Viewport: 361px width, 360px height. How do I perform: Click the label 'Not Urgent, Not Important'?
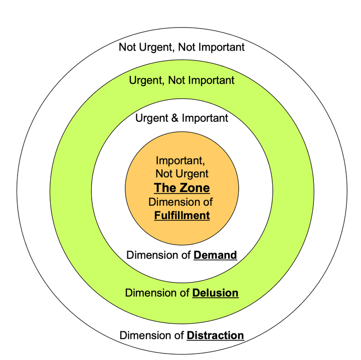tap(182, 48)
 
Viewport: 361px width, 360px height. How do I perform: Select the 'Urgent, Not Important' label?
tap(182, 80)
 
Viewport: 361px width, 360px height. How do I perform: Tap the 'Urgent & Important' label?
tap(182, 118)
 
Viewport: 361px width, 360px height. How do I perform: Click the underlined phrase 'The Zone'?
tap(182, 188)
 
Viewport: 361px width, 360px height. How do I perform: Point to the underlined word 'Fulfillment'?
tap(182, 216)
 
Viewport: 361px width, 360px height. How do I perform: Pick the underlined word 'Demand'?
tap(215, 255)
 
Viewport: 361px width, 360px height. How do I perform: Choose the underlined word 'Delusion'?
tap(215, 293)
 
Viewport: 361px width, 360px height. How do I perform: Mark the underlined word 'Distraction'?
tap(215, 335)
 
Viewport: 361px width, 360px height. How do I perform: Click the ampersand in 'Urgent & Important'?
tap(174, 118)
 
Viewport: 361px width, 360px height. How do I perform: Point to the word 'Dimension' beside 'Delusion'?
tap(149, 293)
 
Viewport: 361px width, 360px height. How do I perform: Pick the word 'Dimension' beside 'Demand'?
tap(150, 255)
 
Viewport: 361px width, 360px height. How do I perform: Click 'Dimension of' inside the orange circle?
tap(181, 202)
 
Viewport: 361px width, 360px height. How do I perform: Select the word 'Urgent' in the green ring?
tap(144, 80)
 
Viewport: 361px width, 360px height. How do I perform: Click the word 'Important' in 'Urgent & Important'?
tap(205, 118)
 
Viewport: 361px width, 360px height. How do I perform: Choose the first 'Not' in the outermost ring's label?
tap(127, 48)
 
